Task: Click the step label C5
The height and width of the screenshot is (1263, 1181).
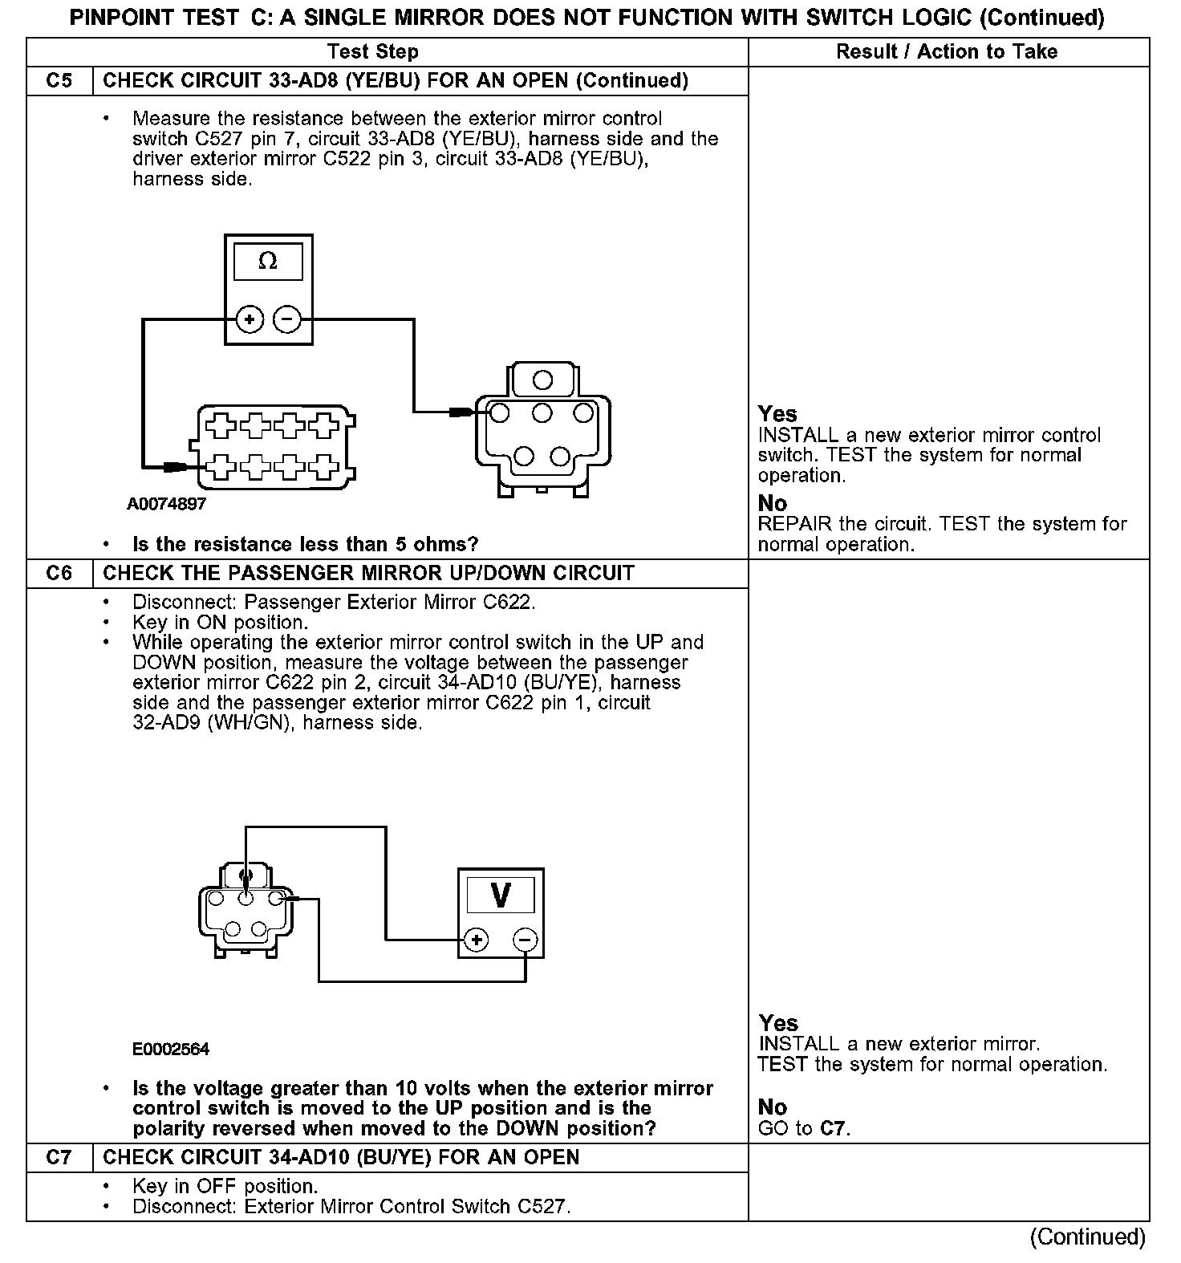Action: (59, 81)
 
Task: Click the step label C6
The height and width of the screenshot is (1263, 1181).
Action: (59, 574)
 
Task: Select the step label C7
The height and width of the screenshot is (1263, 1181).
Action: (59, 1157)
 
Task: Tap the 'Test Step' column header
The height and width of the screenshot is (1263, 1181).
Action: (373, 52)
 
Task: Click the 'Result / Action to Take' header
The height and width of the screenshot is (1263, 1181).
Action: (947, 52)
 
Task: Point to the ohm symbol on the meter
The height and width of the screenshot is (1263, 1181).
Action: (268, 262)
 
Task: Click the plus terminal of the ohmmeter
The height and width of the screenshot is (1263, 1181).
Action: (250, 319)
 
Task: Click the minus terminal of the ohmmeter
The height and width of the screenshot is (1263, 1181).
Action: (286, 319)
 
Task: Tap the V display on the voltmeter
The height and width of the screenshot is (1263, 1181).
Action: (500, 895)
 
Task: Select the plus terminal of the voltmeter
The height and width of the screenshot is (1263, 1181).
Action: (477, 940)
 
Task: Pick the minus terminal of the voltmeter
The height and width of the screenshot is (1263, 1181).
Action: (525, 940)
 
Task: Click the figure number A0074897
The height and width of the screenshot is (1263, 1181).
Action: (167, 504)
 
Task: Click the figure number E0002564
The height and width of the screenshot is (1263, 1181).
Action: (171, 1049)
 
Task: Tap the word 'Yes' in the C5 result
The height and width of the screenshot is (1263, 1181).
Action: (777, 414)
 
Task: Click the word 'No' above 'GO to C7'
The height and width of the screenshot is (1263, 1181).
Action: (773, 1107)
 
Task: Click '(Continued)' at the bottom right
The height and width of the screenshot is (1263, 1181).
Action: (1087, 1237)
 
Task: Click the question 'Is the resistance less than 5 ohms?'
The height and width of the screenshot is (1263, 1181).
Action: (305, 545)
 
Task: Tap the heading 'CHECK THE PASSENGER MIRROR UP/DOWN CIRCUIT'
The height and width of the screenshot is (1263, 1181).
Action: (369, 574)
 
